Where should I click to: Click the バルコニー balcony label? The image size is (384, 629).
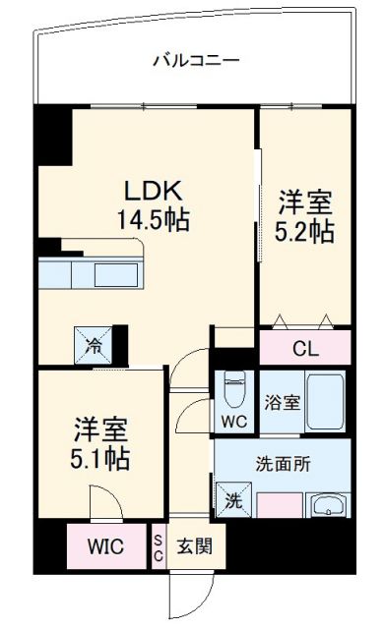[x=196, y=61]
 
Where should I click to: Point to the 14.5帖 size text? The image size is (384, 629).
[x=155, y=218]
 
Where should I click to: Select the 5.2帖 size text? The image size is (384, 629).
[x=305, y=232]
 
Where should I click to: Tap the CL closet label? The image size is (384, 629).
[x=305, y=347]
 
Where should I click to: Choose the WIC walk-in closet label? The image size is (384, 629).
[x=105, y=546]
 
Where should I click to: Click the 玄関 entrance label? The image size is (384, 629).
[x=194, y=546]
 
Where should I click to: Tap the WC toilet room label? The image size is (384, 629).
[x=233, y=423]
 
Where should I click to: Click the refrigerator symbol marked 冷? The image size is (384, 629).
[x=93, y=344]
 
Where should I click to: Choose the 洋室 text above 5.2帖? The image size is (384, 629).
[x=305, y=202]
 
